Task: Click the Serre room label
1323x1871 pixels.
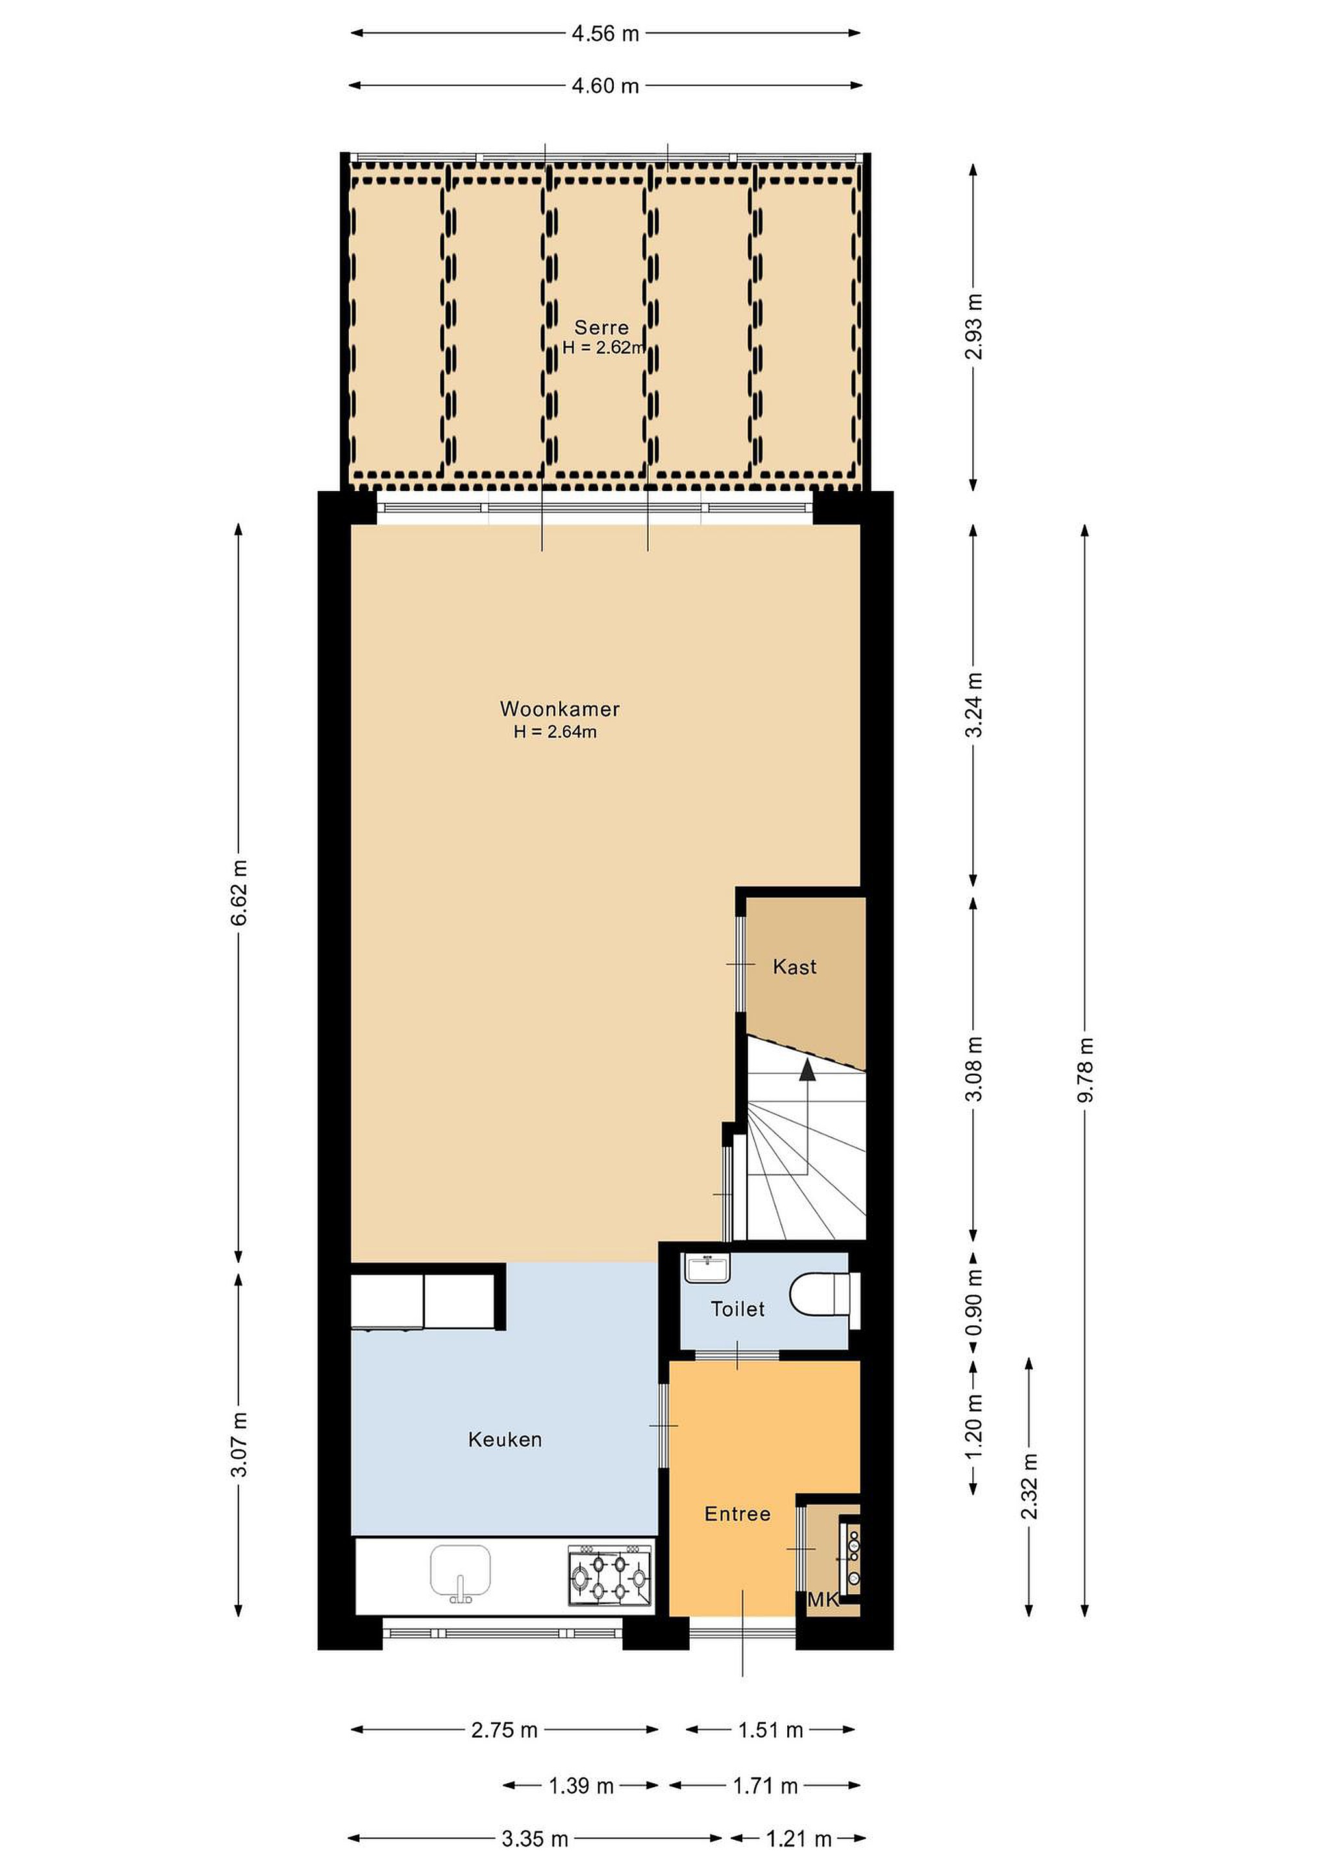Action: [601, 327]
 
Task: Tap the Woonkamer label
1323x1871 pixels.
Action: [560, 709]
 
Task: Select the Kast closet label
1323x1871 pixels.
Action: [794, 967]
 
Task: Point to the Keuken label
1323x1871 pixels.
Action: [505, 1439]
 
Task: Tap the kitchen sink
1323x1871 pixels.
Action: [460, 1573]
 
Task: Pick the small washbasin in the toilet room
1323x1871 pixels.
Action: [707, 1268]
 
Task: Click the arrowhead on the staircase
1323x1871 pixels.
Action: [807, 1069]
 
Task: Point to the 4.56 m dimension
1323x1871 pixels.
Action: [605, 33]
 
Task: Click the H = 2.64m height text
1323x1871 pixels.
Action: [555, 732]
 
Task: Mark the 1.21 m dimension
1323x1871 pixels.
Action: [798, 1832]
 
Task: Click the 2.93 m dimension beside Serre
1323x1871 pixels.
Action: [974, 326]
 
